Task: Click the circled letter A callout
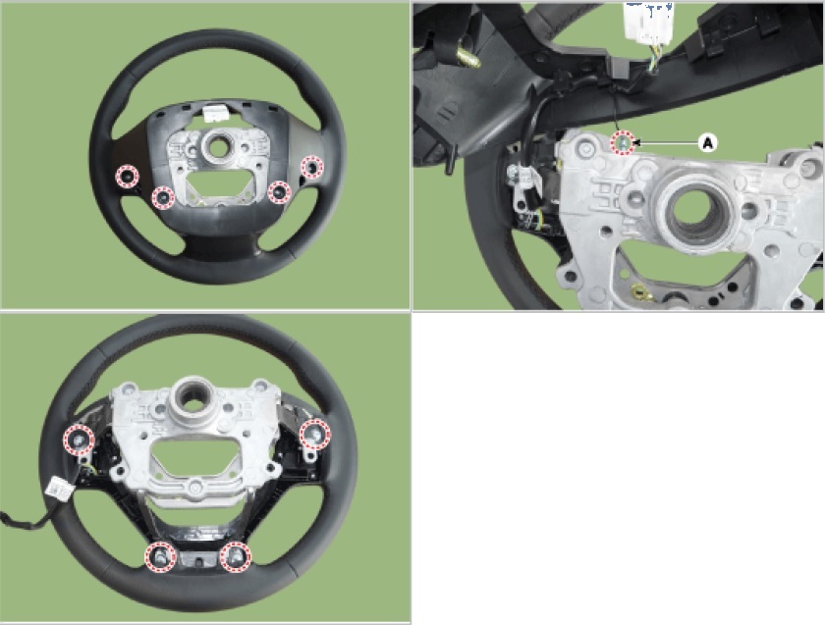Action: click(x=708, y=142)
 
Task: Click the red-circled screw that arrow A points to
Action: click(x=623, y=142)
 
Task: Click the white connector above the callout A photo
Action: click(x=646, y=22)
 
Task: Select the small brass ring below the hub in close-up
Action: click(x=640, y=291)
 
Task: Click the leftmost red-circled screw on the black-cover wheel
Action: click(x=127, y=176)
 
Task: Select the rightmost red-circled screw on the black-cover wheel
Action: click(x=312, y=167)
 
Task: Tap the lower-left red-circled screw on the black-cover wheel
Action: click(x=163, y=197)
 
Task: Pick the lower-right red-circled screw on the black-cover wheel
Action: click(x=279, y=192)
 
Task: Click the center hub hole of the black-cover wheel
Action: click(x=215, y=145)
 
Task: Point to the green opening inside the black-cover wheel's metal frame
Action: click(x=216, y=184)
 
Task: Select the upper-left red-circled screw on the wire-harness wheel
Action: click(x=79, y=440)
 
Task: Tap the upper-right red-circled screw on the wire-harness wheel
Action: click(x=315, y=434)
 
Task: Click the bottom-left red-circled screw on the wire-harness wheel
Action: click(x=160, y=557)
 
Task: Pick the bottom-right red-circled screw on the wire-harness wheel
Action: click(x=235, y=556)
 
